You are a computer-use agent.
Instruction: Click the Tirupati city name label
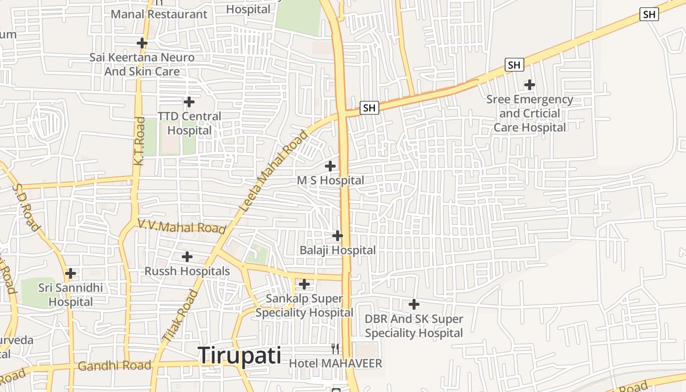click(240, 355)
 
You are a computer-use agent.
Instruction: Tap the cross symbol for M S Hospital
click(330, 166)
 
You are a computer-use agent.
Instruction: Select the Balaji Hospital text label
click(338, 250)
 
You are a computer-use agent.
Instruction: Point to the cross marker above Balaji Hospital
click(338, 236)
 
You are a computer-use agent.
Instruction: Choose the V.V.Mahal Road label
click(182, 226)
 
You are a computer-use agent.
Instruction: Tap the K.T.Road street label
click(140, 140)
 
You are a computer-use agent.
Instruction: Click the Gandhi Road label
click(114, 366)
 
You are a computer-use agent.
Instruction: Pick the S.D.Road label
click(25, 207)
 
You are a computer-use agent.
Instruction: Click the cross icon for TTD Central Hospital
click(189, 102)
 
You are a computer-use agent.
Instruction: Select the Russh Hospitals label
click(187, 271)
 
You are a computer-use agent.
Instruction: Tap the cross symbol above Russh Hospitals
click(187, 257)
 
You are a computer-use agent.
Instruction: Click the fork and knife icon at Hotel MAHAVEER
click(335, 349)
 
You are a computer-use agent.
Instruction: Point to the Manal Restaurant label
click(159, 14)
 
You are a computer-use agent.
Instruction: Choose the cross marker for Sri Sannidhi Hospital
click(71, 273)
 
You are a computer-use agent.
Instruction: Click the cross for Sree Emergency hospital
click(529, 85)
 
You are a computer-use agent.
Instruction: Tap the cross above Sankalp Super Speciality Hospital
click(304, 284)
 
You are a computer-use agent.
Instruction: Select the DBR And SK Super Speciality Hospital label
click(414, 326)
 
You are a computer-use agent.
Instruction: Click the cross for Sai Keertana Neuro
click(142, 43)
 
